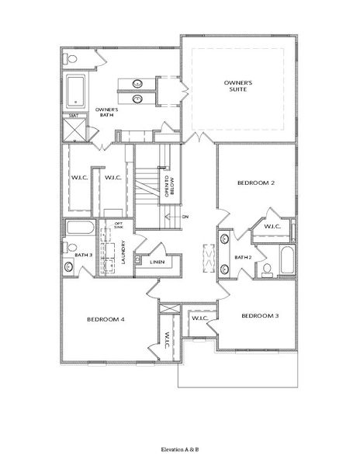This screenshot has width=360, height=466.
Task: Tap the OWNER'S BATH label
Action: (x=106, y=113)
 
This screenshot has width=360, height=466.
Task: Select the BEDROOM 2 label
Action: (x=255, y=183)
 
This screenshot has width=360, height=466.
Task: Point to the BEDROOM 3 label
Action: (x=259, y=316)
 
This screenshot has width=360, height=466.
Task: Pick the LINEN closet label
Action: (x=157, y=263)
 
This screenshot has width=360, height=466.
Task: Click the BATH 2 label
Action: (x=244, y=257)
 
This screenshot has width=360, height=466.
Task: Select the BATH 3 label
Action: (x=83, y=255)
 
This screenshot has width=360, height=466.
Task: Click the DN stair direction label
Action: (x=185, y=217)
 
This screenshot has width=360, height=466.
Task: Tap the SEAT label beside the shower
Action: (x=74, y=116)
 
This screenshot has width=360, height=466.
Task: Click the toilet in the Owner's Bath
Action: (x=71, y=59)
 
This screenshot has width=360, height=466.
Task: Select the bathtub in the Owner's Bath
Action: (x=76, y=92)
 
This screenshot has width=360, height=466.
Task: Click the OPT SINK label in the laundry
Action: (x=119, y=226)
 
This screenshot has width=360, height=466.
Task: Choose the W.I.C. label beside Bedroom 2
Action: (x=272, y=227)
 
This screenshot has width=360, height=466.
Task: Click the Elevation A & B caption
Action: (x=180, y=449)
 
